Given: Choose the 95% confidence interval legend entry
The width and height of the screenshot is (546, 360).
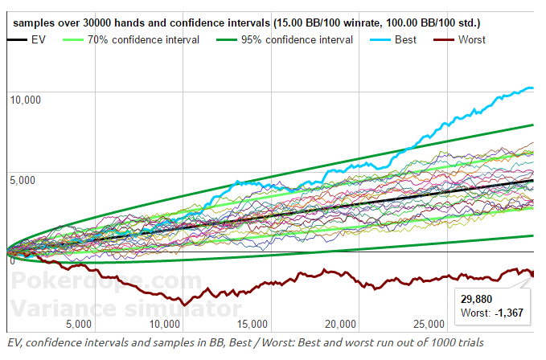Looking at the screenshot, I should pos(297,39).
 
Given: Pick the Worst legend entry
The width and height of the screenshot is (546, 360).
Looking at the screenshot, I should pos(471,39).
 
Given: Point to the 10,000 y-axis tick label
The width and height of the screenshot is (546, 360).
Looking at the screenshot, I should pos(24,99).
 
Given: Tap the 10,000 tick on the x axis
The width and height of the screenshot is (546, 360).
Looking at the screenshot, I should pos(165,325).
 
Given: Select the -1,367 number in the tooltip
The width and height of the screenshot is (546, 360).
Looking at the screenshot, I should pos(510,312).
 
